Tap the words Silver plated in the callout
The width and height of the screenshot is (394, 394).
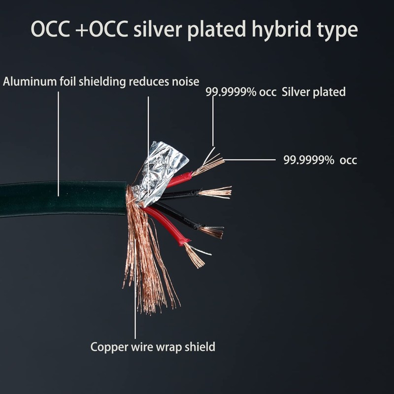(x=314, y=92)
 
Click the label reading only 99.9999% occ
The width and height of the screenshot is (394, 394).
(x=320, y=160)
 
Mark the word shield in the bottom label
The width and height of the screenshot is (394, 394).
(x=199, y=347)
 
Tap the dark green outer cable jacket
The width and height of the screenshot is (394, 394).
(x=59, y=197)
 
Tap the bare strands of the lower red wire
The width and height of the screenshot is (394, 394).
(x=195, y=255)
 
